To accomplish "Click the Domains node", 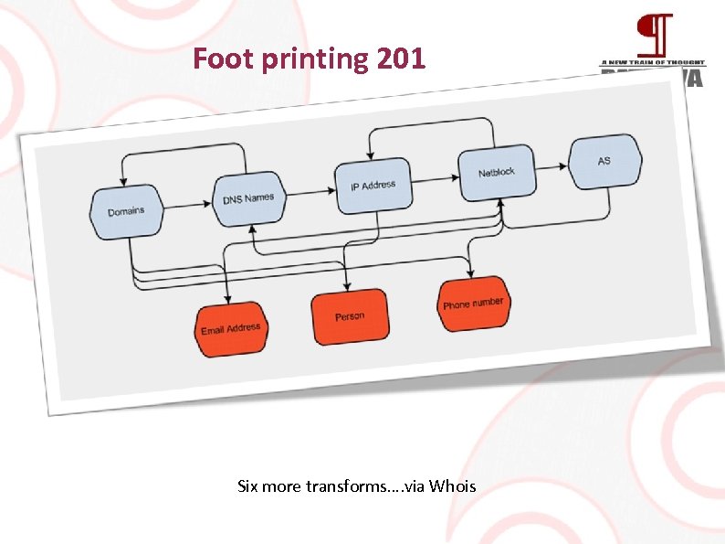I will (x=126, y=211).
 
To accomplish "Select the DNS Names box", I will (x=248, y=198).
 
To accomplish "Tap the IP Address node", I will (x=373, y=186).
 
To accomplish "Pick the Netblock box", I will (x=496, y=172).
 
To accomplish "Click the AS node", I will (x=604, y=161).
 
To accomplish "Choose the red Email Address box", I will (x=231, y=329).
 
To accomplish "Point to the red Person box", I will (x=350, y=316).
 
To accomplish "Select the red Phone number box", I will (x=472, y=303).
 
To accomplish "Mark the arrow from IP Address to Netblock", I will (x=433, y=179).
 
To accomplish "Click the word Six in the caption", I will (x=247, y=486).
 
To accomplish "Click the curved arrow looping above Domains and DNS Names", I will (x=184, y=147).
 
